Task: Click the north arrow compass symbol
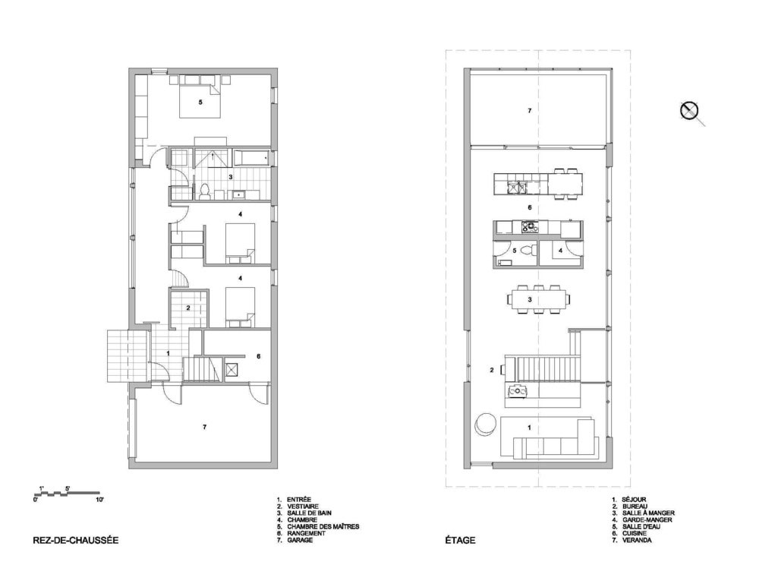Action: [x=689, y=111]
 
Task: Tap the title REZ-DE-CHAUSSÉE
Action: [x=75, y=540]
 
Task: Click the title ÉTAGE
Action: [x=461, y=540]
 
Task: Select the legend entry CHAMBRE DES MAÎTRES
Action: [x=323, y=526]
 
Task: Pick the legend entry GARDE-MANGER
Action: [x=647, y=519]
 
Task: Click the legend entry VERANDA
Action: [x=637, y=540]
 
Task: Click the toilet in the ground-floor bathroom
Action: [x=204, y=192]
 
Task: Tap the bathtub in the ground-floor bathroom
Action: [x=252, y=157]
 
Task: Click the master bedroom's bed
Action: [x=200, y=99]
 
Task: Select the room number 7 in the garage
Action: [x=205, y=427]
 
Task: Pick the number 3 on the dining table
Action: [x=530, y=300]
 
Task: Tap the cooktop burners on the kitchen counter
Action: [x=530, y=226]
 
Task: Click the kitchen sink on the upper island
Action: [x=516, y=187]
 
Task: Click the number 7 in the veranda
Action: [x=530, y=110]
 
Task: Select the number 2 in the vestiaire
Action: [x=188, y=308]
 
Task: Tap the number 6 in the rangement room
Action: [x=259, y=356]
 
